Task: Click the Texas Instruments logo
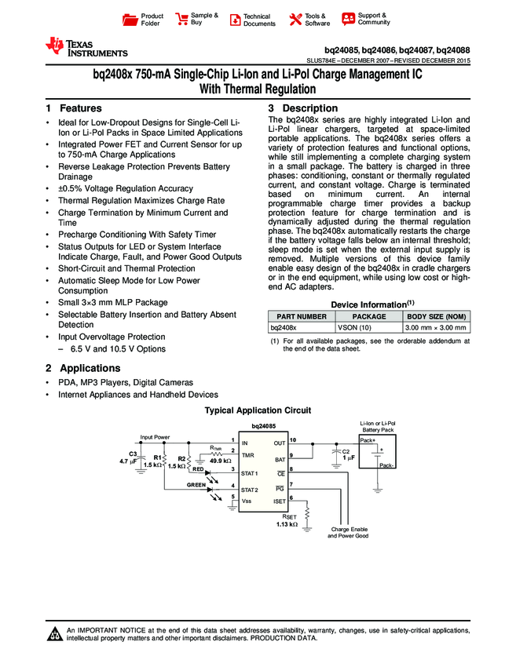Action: point(86,47)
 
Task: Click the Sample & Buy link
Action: point(196,20)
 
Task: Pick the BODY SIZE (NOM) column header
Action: point(436,316)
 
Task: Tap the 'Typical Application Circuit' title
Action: point(258,410)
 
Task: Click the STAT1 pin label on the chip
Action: point(251,473)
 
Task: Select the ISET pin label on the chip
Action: point(279,501)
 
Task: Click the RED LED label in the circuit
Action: point(198,468)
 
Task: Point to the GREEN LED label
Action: point(196,485)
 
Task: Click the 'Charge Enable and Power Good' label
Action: point(348,533)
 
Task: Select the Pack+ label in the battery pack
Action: point(368,441)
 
